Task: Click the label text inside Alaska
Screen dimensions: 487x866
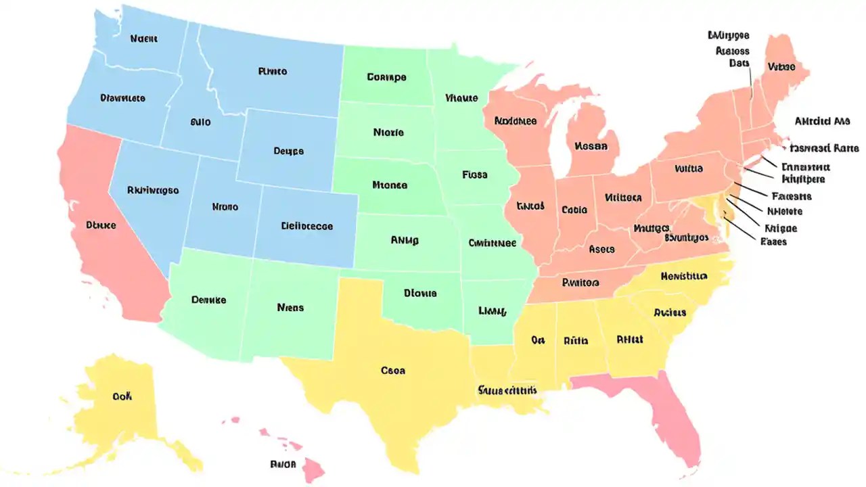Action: (x=122, y=396)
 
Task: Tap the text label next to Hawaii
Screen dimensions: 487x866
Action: (x=283, y=465)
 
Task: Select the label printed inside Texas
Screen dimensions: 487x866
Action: (x=393, y=371)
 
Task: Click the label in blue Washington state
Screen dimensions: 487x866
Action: (x=143, y=39)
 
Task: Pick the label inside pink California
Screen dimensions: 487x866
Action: (x=101, y=225)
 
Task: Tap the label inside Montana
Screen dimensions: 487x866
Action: (x=273, y=71)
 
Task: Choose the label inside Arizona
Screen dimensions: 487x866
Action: (x=208, y=300)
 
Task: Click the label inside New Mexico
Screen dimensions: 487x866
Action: (x=290, y=308)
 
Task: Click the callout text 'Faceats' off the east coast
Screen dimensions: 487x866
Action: (x=791, y=196)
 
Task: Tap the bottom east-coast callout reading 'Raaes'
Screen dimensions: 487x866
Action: (x=773, y=241)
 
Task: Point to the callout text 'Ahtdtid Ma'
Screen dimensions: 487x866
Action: (x=821, y=122)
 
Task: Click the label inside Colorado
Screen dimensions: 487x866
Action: (x=306, y=227)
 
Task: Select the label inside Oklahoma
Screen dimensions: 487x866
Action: (x=420, y=294)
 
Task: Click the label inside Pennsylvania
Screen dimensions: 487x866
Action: (x=688, y=169)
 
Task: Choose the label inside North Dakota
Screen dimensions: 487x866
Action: (x=386, y=77)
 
